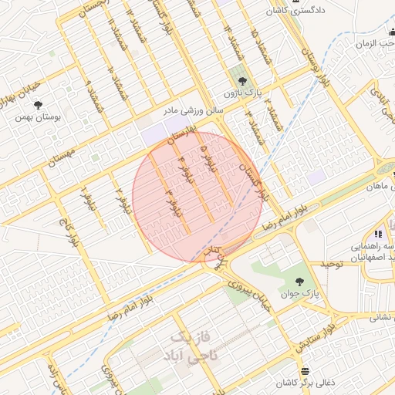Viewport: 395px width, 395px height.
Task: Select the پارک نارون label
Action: (238, 93)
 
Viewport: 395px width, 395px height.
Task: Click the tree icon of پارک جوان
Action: (299, 281)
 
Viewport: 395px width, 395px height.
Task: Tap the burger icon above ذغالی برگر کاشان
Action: (305, 371)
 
